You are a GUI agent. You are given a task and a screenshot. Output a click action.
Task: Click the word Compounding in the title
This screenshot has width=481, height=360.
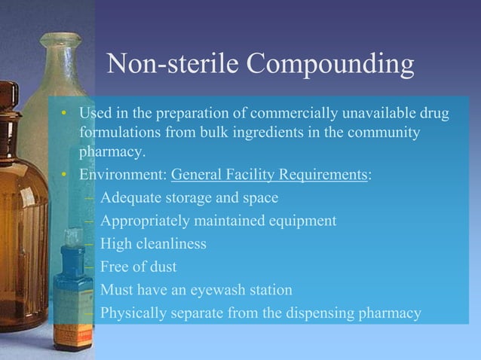point(331,66)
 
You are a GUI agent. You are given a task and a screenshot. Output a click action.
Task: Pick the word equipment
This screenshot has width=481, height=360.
point(299,221)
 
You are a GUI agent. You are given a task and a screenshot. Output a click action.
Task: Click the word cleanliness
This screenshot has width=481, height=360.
point(171,244)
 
